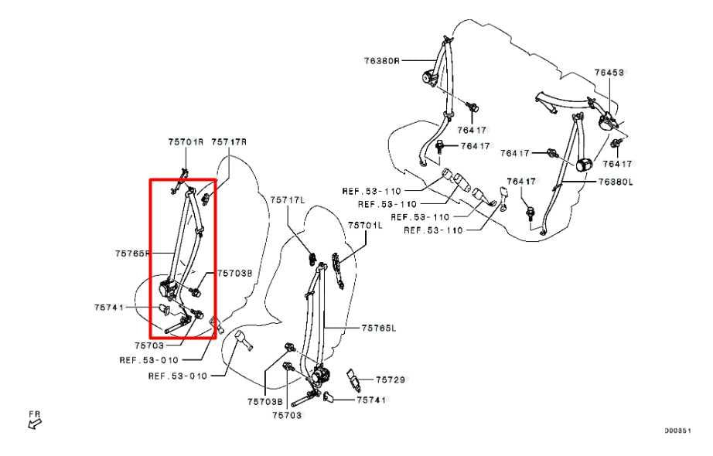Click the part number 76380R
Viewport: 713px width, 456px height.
383,60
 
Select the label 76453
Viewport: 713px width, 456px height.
609,73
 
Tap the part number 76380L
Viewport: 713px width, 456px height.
616,182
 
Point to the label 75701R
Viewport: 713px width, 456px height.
186,141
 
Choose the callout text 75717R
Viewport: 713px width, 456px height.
230,141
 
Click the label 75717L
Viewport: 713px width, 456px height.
288,200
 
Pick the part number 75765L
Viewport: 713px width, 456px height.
379,328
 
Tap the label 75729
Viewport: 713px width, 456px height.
391,379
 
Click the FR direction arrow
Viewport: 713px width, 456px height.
36,420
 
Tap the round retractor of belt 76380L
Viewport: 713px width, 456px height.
585,164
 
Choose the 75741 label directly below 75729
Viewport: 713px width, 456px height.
371,400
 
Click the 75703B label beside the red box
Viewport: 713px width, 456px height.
234,274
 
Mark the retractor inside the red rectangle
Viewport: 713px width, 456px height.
169,289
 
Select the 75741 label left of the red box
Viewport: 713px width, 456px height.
109,308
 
